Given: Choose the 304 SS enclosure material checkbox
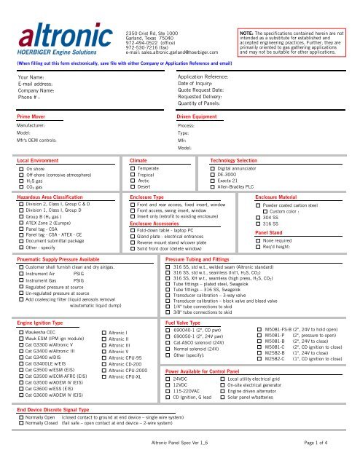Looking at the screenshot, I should pos(257,217).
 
